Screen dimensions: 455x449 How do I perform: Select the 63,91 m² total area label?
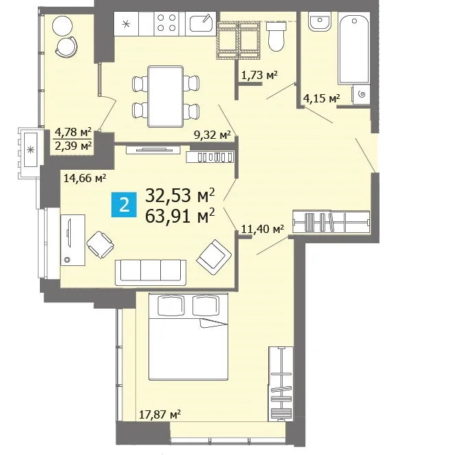click(x=181, y=217)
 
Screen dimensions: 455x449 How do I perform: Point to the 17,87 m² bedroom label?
click(x=160, y=414)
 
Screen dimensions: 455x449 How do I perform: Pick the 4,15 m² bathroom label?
click(x=322, y=99)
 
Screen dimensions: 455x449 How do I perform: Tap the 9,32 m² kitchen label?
click(x=212, y=135)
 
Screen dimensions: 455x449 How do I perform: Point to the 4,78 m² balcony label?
click(x=73, y=133)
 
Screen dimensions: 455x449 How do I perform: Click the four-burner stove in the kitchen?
click(x=166, y=24)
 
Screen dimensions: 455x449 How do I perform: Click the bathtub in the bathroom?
click(x=355, y=52)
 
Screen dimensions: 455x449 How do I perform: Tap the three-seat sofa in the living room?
click(x=151, y=271)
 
